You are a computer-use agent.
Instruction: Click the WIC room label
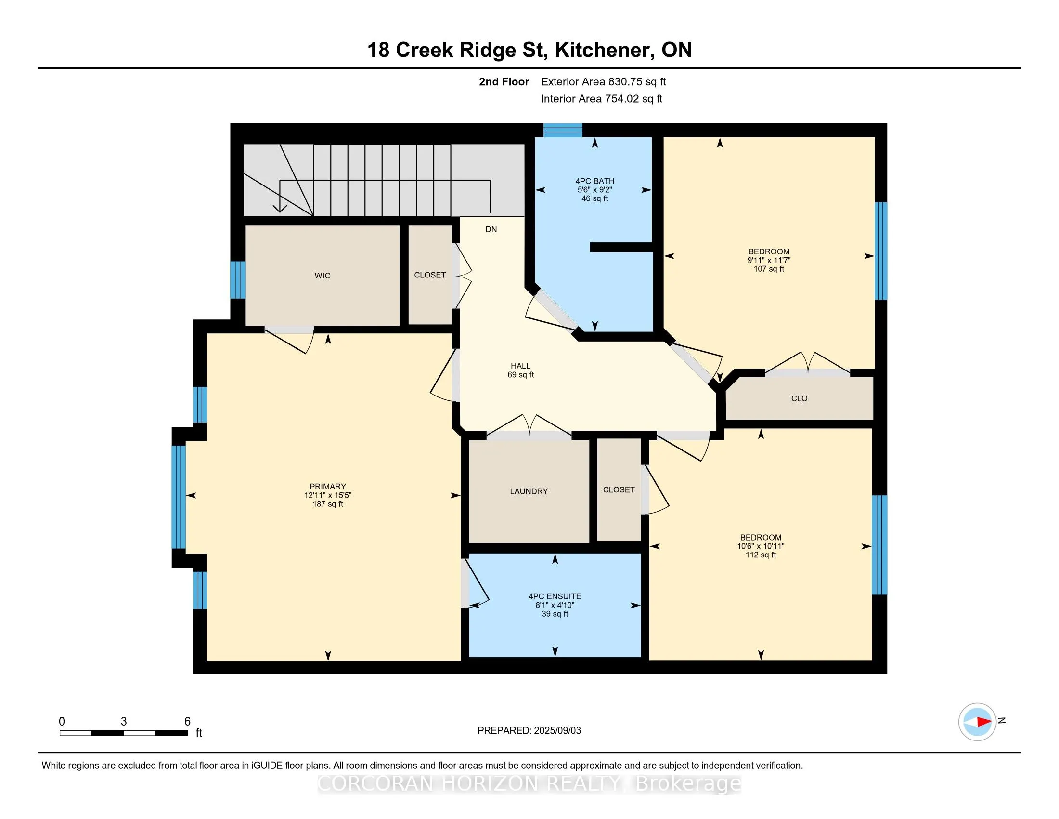(323, 276)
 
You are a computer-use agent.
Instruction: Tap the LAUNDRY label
(529, 491)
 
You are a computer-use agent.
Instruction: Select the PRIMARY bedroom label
(328, 487)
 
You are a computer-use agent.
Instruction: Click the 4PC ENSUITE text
(555, 596)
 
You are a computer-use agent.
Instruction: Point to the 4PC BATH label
(595, 181)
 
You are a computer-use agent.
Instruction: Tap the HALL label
(520, 366)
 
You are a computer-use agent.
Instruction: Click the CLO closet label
(799, 398)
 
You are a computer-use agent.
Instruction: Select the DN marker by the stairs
(491, 229)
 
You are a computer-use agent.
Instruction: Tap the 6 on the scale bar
(188, 722)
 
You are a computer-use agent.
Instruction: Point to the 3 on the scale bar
(124, 722)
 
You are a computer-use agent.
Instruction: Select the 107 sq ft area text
(769, 269)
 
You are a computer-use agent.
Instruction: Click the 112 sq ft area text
(760, 555)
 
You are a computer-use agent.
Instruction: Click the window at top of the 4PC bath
(562, 130)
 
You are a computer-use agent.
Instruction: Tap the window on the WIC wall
(238, 279)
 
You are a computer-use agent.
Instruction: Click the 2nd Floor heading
(504, 81)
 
